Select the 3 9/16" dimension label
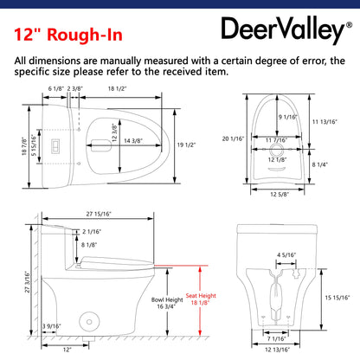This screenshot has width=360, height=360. point(52,326)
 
